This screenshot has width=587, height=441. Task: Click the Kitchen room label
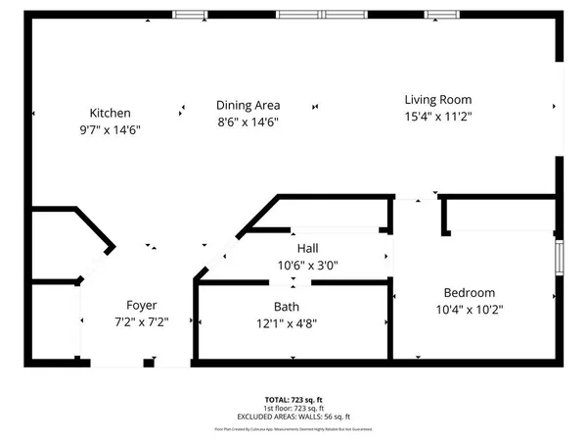(110, 113)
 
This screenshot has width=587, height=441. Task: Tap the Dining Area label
(248, 106)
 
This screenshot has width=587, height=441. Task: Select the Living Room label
(438, 99)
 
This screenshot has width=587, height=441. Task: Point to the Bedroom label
(469, 292)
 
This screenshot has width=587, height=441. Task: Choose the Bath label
(286, 306)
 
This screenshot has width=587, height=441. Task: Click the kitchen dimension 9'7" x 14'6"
(110, 129)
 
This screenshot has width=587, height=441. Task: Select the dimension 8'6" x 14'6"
(248, 122)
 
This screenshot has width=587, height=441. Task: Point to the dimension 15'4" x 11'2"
(438, 116)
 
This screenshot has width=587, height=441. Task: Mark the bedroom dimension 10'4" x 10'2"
(469, 309)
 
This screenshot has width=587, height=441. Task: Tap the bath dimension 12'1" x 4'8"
(286, 322)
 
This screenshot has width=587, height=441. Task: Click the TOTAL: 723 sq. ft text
(293, 400)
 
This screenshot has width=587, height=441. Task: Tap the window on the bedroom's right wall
(560, 257)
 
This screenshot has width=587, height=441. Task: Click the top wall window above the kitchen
(191, 14)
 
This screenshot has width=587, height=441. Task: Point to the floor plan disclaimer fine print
(293, 429)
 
